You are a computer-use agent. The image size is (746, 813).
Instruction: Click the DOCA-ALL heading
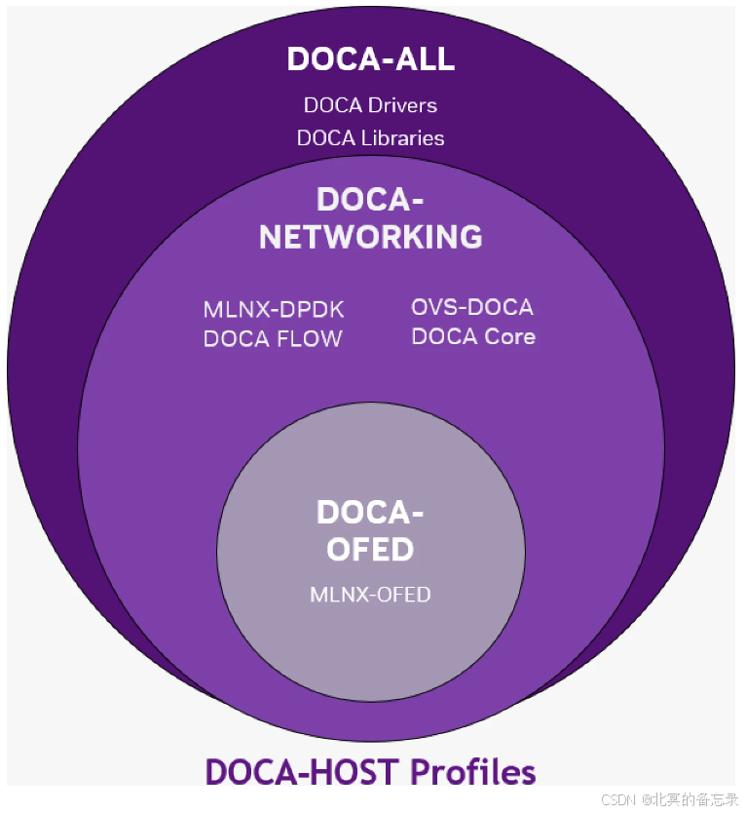[x=370, y=59]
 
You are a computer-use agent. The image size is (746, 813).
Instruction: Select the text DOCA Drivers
[x=370, y=105]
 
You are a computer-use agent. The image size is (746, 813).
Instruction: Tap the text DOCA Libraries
[x=370, y=138]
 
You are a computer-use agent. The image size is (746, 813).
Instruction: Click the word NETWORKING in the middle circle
[x=370, y=236]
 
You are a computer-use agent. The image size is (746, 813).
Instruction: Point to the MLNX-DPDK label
[x=274, y=310]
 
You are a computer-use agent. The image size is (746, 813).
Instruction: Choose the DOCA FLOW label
[x=273, y=339]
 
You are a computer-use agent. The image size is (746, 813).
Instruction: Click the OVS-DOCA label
[x=472, y=308]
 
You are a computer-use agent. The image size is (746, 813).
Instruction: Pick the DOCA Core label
[x=473, y=337]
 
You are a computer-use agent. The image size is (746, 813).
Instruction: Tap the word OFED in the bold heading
[x=370, y=550]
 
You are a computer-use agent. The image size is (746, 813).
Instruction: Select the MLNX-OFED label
[x=370, y=594]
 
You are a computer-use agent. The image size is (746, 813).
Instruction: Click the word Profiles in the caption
[x=472, y=772]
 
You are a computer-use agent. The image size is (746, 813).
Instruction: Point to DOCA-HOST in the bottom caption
[x=303, y=772]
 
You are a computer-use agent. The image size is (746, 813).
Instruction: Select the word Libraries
[x=402, y=138]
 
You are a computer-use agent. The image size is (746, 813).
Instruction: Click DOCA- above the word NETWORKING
[x=370, y=200]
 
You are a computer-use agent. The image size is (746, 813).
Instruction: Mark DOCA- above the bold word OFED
[x=370, y=513]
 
